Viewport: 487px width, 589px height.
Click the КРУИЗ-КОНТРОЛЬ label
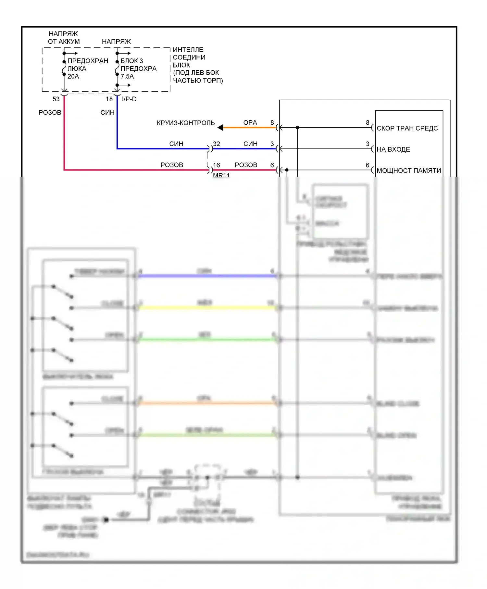coord(186,123)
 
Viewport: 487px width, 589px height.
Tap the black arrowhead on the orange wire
coord(220,128)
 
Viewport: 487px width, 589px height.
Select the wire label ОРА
coord(250,123)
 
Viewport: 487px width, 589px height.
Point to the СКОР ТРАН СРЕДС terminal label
coord(407,128)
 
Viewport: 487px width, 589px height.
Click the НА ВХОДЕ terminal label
coord(393,149)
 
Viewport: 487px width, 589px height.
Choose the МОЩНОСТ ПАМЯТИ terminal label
coord(409,170)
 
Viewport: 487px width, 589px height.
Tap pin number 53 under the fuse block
coord(56,99)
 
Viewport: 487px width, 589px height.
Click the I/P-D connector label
coord(129,99)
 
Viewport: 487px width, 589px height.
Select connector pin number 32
coord(217,144)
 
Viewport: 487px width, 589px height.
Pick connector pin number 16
coord(217,165)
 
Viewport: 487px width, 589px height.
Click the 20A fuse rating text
coord(73,76)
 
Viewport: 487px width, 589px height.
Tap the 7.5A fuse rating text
coord(127,76)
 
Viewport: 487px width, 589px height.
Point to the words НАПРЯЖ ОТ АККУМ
coord(64,38)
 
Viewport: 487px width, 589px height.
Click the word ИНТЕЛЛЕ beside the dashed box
coord(188,50)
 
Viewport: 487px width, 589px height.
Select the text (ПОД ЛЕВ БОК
coord(196,73)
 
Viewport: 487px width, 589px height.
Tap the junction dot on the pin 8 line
coord(297,128)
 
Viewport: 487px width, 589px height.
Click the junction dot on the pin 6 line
coord(287,170)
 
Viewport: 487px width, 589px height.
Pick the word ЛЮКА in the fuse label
coord(77,69)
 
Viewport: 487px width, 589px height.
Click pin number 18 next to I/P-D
coord(109,99)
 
